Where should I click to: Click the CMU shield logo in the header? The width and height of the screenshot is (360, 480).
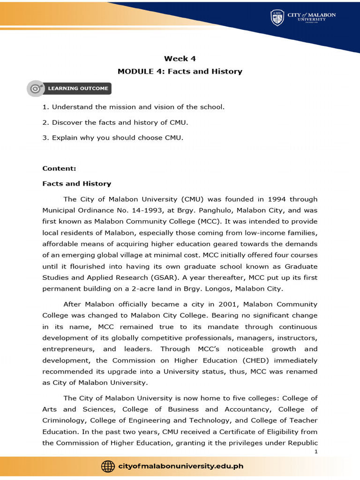(277, 18)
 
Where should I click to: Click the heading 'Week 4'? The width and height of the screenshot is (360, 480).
(180, 59)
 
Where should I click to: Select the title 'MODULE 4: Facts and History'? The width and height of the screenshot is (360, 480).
(180, 72)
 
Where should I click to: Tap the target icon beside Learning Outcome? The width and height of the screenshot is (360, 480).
(36, 88)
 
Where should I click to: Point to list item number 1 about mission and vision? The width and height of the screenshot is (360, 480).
(134, 107)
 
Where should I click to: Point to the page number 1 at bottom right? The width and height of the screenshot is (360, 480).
(316, 451)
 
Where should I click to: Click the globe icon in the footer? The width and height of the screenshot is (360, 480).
(108, 466)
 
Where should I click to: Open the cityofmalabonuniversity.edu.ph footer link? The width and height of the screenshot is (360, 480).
(181, 466)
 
